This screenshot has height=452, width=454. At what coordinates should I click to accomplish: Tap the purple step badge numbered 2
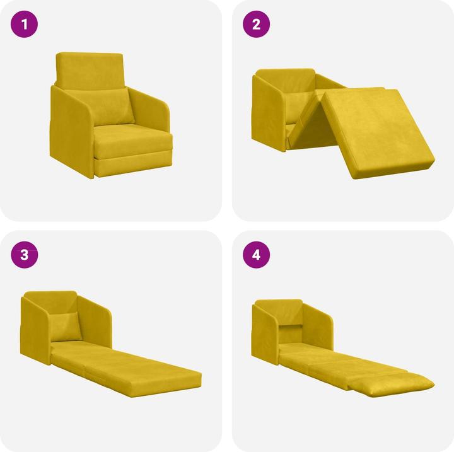click(x=256, y=25)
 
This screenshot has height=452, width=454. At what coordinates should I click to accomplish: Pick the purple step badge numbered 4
click(x=256, y=255)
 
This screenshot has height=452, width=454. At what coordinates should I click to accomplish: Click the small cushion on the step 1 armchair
click(x=114, y=107)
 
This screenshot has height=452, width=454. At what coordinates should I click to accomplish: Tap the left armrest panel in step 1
click(x=71, y=132)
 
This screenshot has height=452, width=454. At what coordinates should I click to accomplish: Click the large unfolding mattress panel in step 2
click(x=378, y=132)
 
